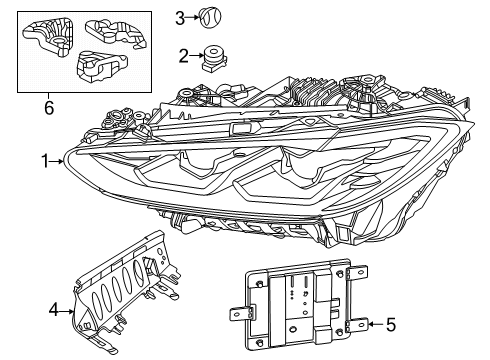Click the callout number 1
45,161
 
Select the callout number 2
184,56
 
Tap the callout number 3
180,18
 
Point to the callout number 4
53,310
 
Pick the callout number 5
391,324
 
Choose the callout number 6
49,108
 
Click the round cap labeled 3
210,18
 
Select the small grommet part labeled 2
214,58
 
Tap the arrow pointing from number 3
192,17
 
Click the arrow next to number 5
376,324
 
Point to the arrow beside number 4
67,312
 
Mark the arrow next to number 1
57,162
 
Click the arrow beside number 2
197,56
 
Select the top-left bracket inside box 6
49,37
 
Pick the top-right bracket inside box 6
116,33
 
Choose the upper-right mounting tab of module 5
357,273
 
